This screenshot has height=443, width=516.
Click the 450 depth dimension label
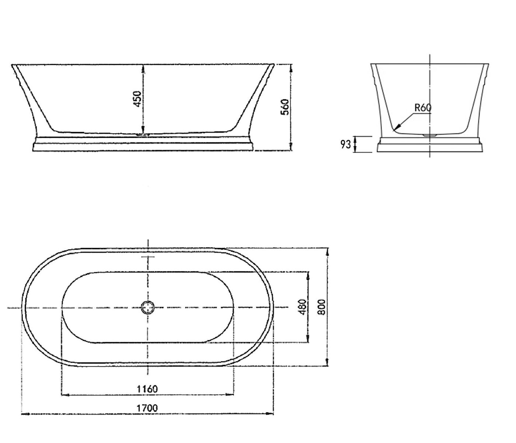point(138,99)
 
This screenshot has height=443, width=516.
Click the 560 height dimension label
point(285,107)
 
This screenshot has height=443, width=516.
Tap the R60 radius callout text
point(423,108)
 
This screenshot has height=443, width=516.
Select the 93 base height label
point(346,144)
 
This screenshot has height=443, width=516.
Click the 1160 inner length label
point(147,389)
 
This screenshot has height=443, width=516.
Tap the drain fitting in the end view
point(429,135)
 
